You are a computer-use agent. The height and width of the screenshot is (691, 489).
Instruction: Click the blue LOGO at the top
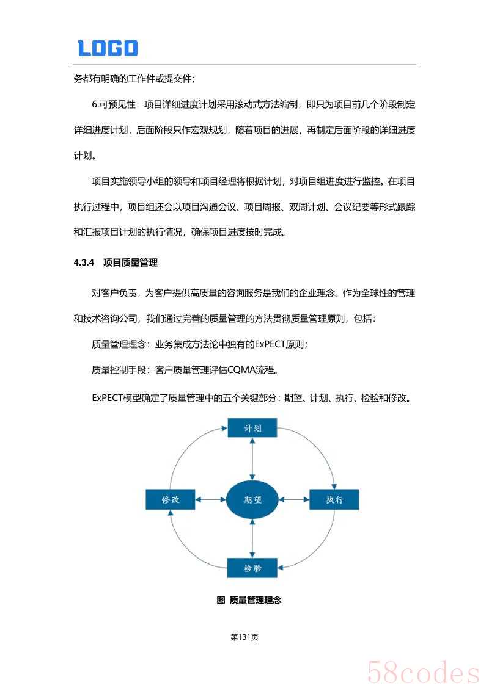pyautogui.click(x=108, y=48)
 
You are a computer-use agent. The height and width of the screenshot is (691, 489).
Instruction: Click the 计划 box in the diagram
pyautogui.click(x=252, y=428)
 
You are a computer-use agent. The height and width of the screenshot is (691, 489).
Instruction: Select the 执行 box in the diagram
pyautogui.click(x=334, y=499)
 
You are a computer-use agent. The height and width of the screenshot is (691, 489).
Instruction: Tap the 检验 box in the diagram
pyautogui.click(x=252, y=568)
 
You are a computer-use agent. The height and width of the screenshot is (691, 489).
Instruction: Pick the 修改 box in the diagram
pyautogui.click(x=171, y=499)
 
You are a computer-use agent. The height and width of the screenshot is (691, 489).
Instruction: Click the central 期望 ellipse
pyautogui.click(x=252, y=499)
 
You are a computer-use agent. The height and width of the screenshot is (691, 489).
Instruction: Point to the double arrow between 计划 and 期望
pyautogui.click(x=252, y=459)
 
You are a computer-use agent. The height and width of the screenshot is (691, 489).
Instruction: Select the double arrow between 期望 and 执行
pyautogui.click(x=294, y=499)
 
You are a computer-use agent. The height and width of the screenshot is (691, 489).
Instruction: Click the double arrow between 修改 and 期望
pyautogui.click(x=211, y=499)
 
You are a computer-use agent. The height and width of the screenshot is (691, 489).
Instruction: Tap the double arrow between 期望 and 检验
pyautogui.click(x=252, y=538)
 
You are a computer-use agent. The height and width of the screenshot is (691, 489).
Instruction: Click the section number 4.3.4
pyautogui.click(x=82, y=263)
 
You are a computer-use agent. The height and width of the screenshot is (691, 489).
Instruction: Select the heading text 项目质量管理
pyautogui.click(x=130, y=263)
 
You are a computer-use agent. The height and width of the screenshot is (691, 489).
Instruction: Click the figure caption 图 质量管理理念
pyautogui.click(x=249, y=600)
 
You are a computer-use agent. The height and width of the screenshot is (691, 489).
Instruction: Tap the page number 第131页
pyautogui.click(x=244, y=637)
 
